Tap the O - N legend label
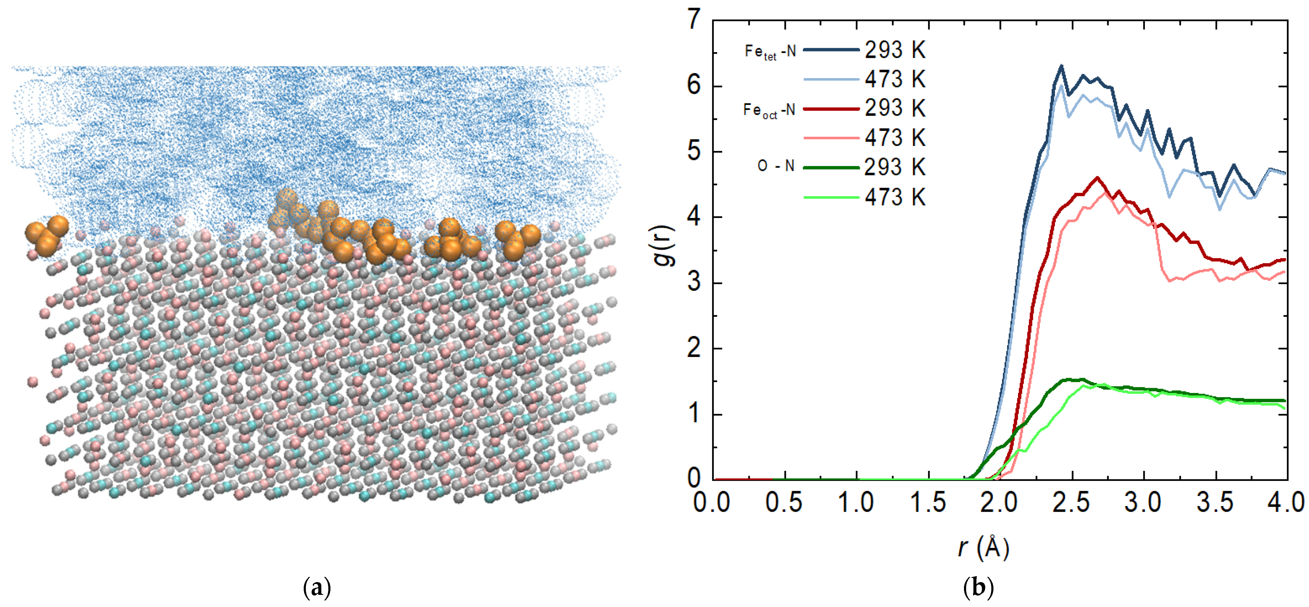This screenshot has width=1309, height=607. (x=776, y=166)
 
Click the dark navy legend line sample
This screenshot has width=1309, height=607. (x=831, y=50)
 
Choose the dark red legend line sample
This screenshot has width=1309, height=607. (x=831, y=109)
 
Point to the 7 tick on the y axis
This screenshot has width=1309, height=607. (x=694, y=20)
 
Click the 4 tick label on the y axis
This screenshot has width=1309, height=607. (x=694, y=217)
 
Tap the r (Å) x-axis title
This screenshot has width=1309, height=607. (x=983, y=548)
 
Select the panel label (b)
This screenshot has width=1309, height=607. (x=978, y=588)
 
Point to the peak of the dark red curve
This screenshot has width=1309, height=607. (x=1098, y=178)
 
